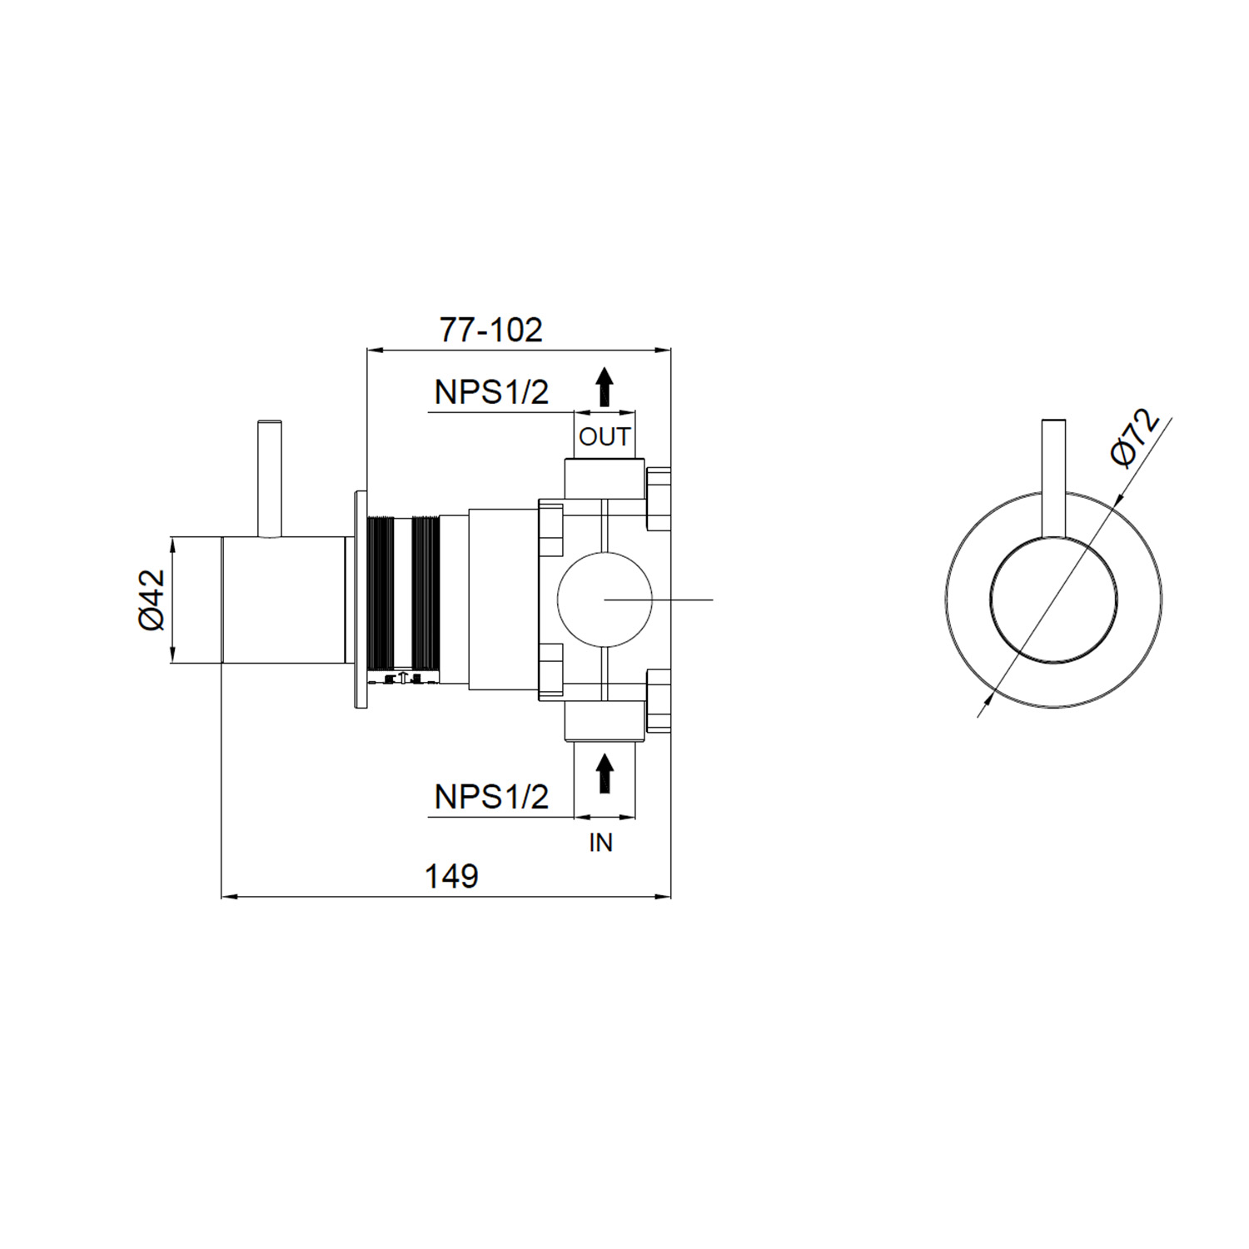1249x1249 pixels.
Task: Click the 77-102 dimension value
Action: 490,331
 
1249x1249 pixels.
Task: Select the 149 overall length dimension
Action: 451,876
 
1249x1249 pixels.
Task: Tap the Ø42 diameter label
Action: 152,600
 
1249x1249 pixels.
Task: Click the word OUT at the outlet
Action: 605,436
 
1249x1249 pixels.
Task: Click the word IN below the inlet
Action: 600,843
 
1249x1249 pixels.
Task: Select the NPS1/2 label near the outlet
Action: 491,391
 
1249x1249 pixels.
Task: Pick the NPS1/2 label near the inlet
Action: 491,797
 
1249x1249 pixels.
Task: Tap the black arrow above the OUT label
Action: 605,387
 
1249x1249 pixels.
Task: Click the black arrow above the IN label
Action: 605,774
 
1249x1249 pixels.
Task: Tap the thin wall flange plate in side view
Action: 361,600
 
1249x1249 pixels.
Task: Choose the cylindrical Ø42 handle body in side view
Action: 283,600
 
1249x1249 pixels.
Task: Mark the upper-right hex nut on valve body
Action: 659,499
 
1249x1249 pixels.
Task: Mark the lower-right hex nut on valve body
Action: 659,700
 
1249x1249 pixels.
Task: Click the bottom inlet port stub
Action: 605,721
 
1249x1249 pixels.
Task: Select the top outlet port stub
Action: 605,478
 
